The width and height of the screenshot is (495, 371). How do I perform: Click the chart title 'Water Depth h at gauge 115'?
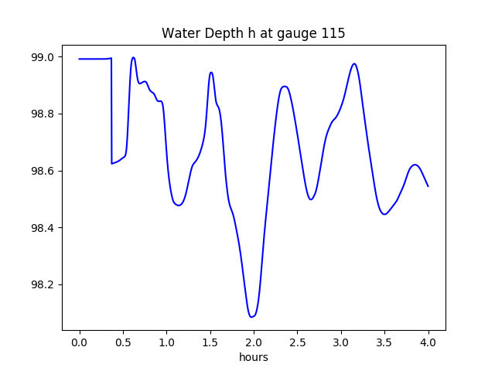tap(253, 33)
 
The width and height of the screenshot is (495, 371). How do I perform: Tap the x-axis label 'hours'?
tap(254, 357)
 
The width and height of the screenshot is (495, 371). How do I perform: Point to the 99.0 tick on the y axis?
tap(41, 57)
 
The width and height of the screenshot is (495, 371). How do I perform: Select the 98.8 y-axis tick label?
tap(41, 114)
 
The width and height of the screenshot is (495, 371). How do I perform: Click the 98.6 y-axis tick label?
tap(41, 171)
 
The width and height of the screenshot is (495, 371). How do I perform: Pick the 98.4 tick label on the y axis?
tap(41, 228)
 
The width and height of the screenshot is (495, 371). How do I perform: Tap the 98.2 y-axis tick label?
tap(41, 284)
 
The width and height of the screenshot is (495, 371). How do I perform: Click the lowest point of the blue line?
tap(251, 317)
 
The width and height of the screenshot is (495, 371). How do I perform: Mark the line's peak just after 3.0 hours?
tap(354, 63)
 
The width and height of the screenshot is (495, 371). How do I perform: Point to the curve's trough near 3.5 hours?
tap(384, 214)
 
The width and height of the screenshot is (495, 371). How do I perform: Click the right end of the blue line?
tap(428, 186)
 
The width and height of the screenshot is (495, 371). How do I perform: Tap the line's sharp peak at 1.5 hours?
tap(211, 73)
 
